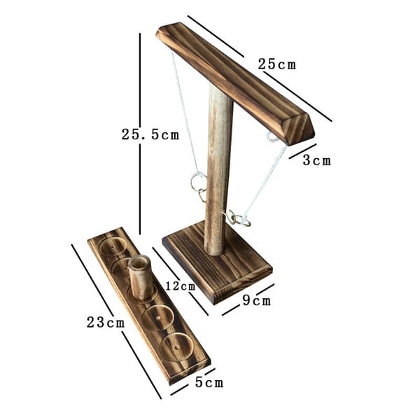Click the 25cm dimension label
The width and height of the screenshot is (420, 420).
pyautogui.click(x=277, y=64)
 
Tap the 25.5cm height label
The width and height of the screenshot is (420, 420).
pyautogui.click(x=150, y=134)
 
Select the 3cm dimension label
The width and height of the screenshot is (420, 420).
pyautogui.click(x=317, y=161)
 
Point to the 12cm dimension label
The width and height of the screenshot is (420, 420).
pyautogui.click(x=181, y=286)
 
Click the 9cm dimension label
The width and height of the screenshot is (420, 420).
pyautogui.click(x=257, y=300)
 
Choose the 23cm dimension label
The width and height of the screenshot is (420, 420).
pyautogui.click(x=106, y=322)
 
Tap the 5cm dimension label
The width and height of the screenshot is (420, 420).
pyautogui.click(x=209, y=382)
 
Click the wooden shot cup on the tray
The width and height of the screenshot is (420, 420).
pyautogui.click(x=141, y=277)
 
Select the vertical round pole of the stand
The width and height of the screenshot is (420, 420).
pyautogui.click(x=218, y=169)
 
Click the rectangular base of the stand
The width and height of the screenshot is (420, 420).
pyautogui.click(x=218, y=262)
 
